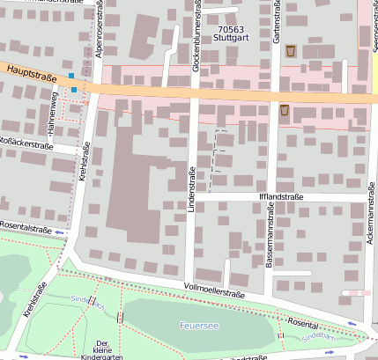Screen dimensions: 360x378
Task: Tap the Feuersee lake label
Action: point(198,325)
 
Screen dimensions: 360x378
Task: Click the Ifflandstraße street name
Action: point(280,197)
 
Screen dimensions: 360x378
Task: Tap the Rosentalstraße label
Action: point(26,229)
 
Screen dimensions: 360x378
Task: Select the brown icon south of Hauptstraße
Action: point(284,110)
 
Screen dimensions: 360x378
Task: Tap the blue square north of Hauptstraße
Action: point(71,77)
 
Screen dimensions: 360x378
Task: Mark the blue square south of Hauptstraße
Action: point(75,90)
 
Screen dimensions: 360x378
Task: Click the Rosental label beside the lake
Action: point(303,324)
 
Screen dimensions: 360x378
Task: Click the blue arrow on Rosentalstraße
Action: point(58,232)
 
